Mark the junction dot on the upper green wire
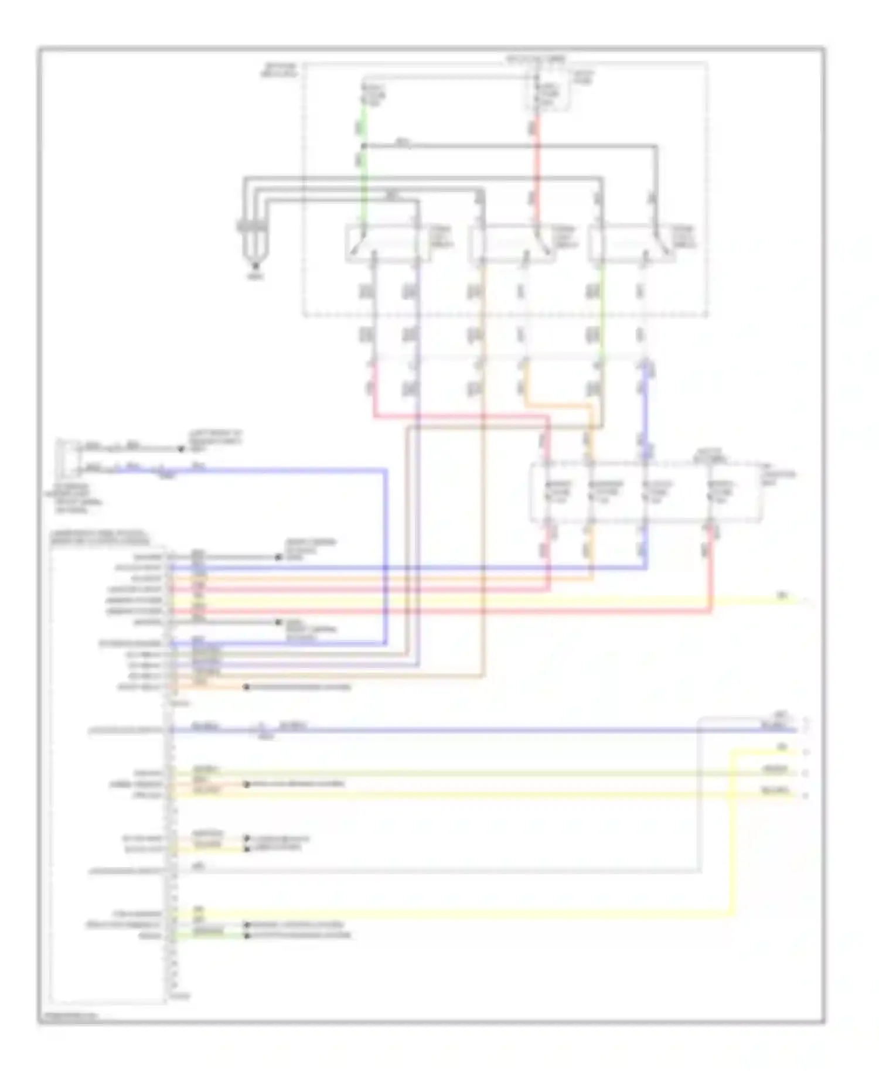coord(363,146)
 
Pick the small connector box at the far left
coord(66,459)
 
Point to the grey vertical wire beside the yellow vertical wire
coord(699,820)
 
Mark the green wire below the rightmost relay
coord(601,316)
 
